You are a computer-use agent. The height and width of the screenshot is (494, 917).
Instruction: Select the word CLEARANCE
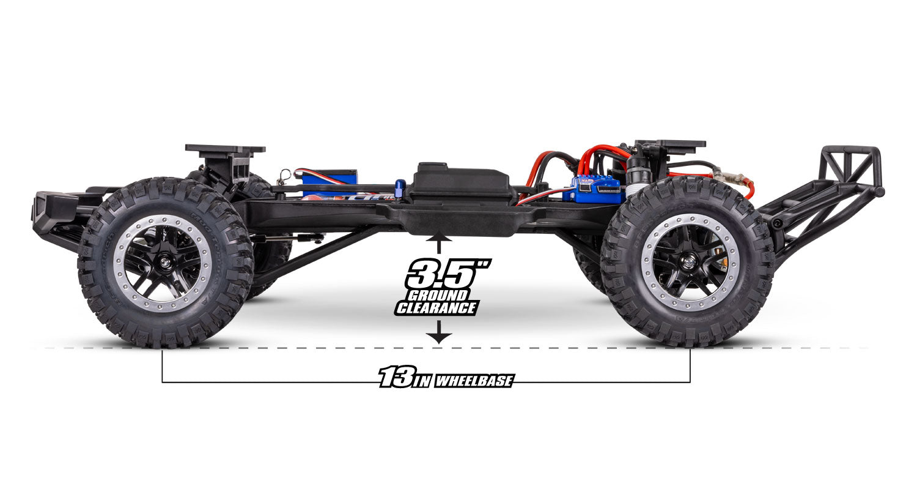(435, 308)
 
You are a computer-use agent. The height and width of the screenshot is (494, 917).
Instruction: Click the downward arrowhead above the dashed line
(440, 337)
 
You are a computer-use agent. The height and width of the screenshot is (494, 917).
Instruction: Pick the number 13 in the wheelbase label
(394, 378)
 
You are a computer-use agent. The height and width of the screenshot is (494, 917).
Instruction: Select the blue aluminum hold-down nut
(400, 189)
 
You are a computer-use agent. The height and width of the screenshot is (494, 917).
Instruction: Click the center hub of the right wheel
(689, 262)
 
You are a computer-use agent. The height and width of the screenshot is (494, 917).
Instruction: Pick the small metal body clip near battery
(283, 175)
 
